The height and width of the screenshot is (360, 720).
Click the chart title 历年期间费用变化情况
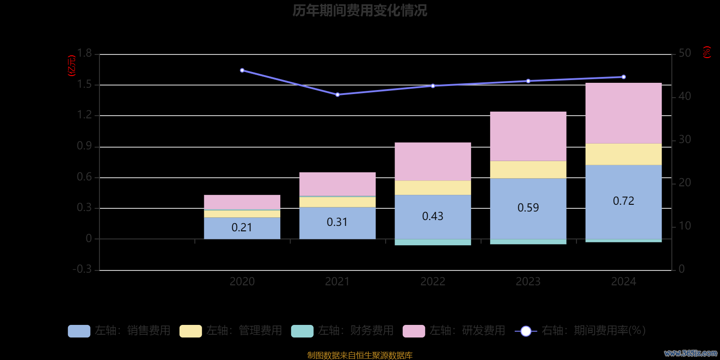click(360, 10)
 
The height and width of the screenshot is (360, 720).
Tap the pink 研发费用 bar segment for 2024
click(623, 113)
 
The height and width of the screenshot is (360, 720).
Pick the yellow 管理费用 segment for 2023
click(528, 170)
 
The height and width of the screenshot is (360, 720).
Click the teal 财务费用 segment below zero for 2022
click(432, 242)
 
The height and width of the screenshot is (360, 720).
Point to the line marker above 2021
click(337, 94)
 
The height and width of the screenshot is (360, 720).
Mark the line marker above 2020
click(242, 70)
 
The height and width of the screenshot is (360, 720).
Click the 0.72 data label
click(623, 201)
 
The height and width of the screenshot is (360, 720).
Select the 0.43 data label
click(432, 216)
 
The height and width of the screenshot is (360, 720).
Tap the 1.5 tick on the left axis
click(84, 85)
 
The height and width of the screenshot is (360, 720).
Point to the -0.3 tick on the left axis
click(82, 269)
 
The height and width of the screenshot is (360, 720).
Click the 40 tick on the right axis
click(684, 96)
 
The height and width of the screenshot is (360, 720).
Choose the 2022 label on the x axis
click(432, 282)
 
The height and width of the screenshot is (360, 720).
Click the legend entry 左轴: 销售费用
click(120, 331)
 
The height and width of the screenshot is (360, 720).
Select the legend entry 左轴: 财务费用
click(343, 331)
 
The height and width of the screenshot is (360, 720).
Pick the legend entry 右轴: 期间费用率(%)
click(580, 331)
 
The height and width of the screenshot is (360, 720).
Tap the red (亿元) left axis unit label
click(72, 66)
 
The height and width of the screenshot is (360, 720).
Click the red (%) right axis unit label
click(706, 52)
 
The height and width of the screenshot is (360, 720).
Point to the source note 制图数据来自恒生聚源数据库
click(360, 355)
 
